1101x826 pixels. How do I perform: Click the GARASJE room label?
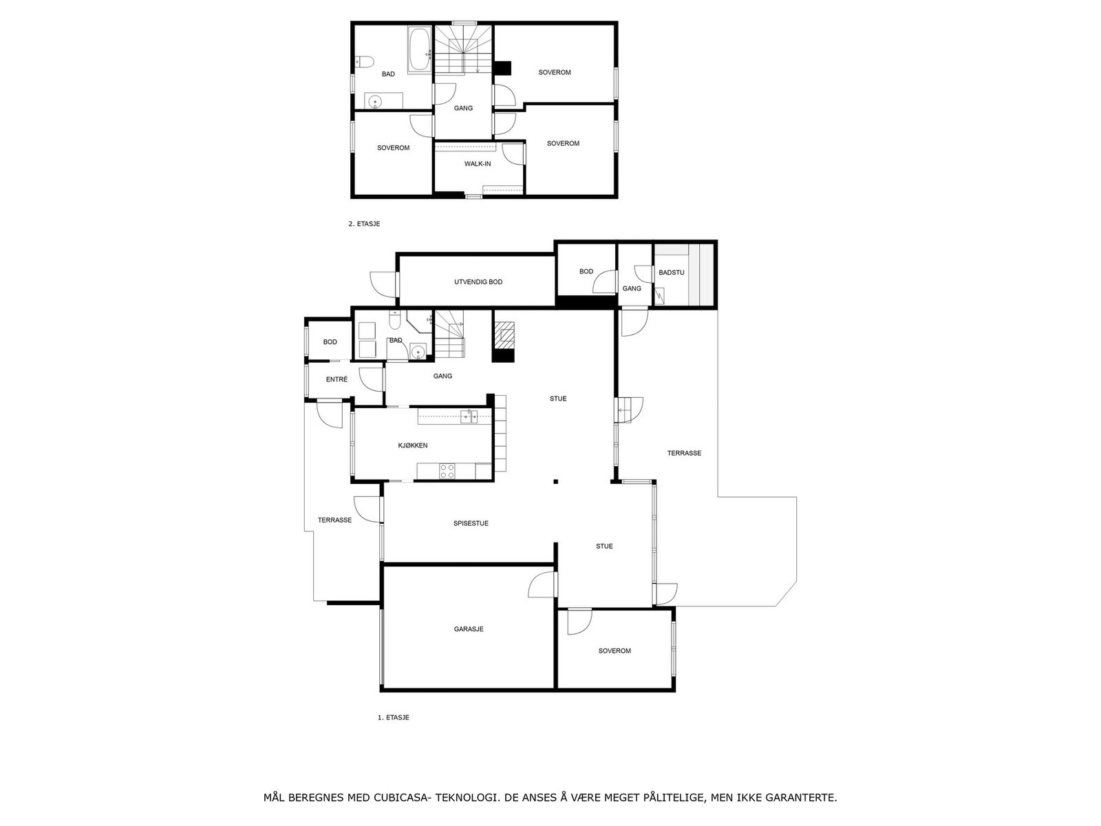469,629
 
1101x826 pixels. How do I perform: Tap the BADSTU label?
672,273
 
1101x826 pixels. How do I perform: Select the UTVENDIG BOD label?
478,282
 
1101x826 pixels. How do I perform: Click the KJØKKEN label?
413,445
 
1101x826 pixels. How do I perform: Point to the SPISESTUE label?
471,523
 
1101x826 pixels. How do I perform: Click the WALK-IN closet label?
478,164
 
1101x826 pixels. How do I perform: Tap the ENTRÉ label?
336,379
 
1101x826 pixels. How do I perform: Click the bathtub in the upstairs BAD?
418,50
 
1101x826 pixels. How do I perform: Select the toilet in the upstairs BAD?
364,62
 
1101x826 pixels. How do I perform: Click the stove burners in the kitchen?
447,471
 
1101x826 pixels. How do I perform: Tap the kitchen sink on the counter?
470,416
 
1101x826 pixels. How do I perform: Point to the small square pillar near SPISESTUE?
555,481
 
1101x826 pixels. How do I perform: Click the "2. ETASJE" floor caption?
364,224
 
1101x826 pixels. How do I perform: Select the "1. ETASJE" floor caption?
394,717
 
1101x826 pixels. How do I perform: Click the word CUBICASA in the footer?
402,798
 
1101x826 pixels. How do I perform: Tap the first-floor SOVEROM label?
614,650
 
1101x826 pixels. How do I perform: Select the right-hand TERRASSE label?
684,453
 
